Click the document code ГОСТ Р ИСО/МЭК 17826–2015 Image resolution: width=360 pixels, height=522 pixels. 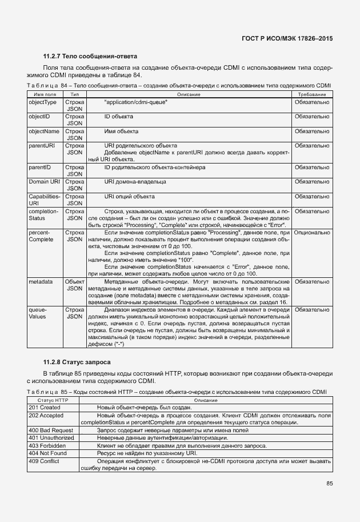pos(288,38)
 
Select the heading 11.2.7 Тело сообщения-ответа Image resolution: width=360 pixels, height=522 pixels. pos(90,57)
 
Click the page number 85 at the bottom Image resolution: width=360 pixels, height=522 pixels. pos(329,483)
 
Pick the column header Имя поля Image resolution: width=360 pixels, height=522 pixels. pos(45,94)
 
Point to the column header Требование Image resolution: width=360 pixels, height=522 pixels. pos(311,94)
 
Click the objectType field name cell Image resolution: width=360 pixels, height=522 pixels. pos(43,102)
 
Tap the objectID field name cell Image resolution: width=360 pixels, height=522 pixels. pos(39,117)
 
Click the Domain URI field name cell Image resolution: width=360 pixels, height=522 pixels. pos(44,182)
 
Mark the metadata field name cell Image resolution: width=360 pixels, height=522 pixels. pos(41,282)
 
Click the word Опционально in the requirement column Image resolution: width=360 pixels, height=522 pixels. pos(312,233)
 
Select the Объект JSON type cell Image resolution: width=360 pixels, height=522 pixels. pos(74,285)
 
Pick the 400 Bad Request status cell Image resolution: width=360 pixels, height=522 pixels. pos(50,429)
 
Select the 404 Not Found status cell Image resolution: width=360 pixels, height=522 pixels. pos(47,452)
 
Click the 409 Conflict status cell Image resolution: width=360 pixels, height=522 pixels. pos(45,460)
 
